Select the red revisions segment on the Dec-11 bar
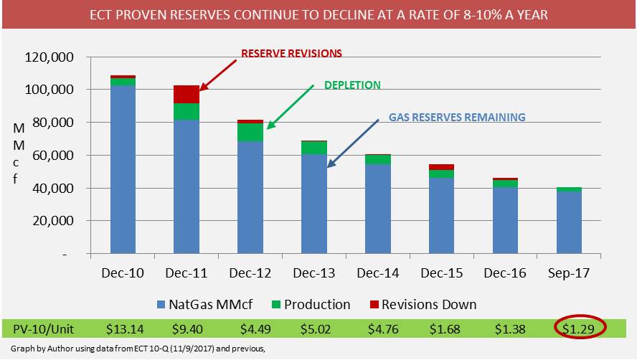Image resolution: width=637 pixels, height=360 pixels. click(187, 94)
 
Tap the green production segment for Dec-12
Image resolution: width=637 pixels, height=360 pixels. click(250, 132)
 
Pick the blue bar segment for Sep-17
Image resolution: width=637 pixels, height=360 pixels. click(570, 222)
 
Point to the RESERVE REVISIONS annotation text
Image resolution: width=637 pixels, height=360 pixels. click(291, 53)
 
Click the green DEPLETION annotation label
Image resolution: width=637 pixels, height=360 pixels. click(353, 85)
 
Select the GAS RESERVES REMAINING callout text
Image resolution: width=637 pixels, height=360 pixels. click(457, 117)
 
